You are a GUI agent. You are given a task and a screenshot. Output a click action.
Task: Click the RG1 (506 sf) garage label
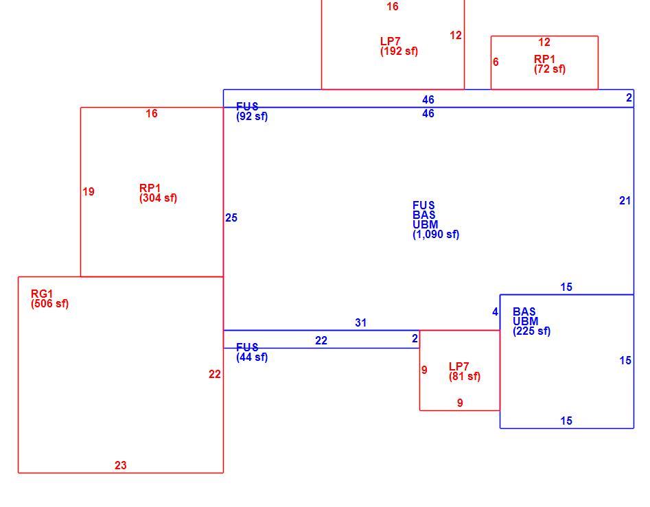[x=49, y=298]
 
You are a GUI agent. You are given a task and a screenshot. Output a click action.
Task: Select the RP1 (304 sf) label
[x=158, y=193]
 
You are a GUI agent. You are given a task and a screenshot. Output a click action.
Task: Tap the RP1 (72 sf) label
[x=550, y=64]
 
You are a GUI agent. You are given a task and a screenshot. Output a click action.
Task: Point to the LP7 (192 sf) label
[x=399, y=47]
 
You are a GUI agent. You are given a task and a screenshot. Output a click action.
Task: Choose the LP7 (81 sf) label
[x=464, y=372]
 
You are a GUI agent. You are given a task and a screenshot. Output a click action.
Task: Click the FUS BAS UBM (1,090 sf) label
[x=436, y=220]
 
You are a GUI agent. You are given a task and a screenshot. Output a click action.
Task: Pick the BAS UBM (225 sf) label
[x=531, y=322]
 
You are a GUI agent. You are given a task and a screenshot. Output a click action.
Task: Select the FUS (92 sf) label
[x=252, y=111]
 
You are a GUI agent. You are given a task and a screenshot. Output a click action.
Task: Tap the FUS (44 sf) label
[x=252, y=352]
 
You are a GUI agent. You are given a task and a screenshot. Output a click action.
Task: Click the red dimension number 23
[x=121, y=466]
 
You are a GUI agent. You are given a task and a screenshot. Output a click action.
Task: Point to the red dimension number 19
[x=89, y=192]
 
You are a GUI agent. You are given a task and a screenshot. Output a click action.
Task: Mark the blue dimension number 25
[x=231, y=218]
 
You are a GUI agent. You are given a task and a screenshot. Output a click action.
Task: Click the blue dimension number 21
[x=625, y=201]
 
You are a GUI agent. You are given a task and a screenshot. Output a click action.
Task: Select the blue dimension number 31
[x=360, y=322]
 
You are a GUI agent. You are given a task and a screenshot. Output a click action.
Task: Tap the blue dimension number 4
[x=495, y=312]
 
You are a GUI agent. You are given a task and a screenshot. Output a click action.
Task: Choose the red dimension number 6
[x=496, y=62]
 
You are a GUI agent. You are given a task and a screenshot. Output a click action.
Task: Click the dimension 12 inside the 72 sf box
[x=544, y=43]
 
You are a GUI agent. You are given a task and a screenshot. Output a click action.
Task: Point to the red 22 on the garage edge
[x=215, y=375]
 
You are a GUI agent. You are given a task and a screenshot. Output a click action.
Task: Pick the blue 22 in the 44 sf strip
[x=321, y=340]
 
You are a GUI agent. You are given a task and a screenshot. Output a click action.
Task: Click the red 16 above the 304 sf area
[x=152, y=113]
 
